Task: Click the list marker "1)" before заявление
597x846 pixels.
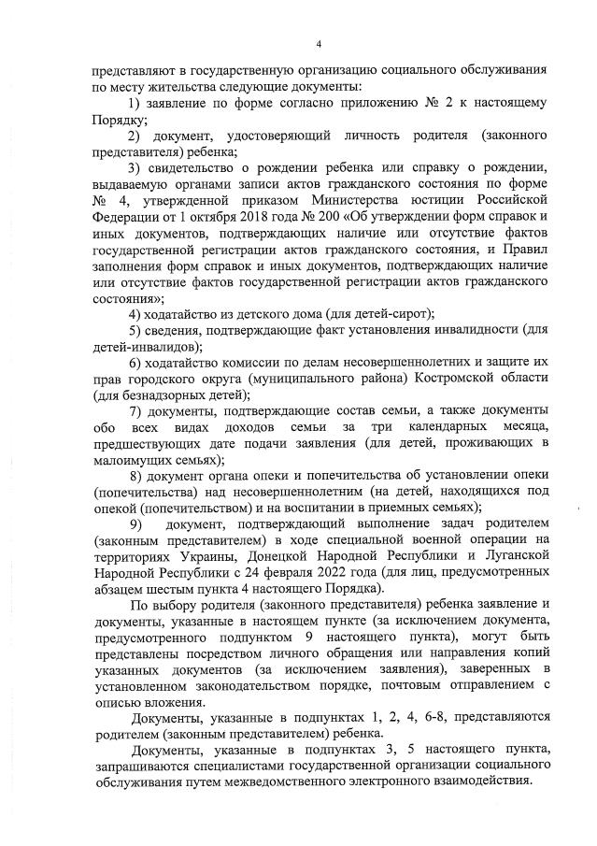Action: (x=133, y=101)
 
